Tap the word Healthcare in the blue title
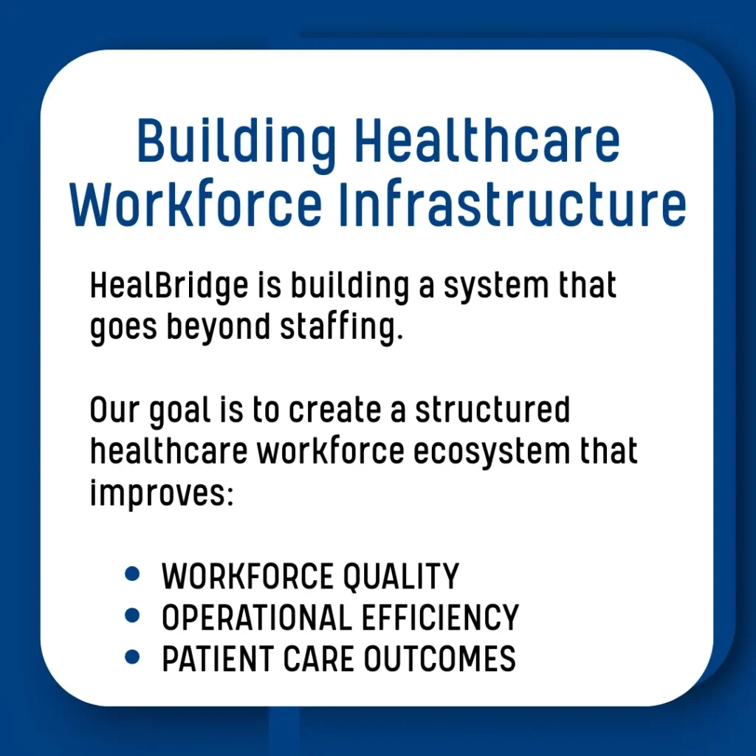pyautogui.click(x=487, y=140)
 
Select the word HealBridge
pyautogui.click(x=169, y=287)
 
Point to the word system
pyautogui.click(x=496, y=287)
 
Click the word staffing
pyautogui.click(x=341, y=328)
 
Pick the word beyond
pyautogui.click(x=219, y=328)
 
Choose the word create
pyautogui.click(x=335, y=410)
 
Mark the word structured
pyautogui.click(x=492, y=410)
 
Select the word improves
pyautogui.click(x=162, y=494)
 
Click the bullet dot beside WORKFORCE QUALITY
pyautogui.click(x=132, y=574)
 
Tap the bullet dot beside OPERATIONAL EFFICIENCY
pyautogui.click(x=132, y=615)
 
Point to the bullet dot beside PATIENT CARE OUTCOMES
pyautogui.click(x=132, y=656)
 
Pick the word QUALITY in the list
pyautogui.click(x=401, y=577)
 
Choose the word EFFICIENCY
pyautogui.click(x=440, y=618)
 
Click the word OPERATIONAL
pyautogui.click(x=257, y=618)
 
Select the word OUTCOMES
pyautogui.click(x=440, y=659)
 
